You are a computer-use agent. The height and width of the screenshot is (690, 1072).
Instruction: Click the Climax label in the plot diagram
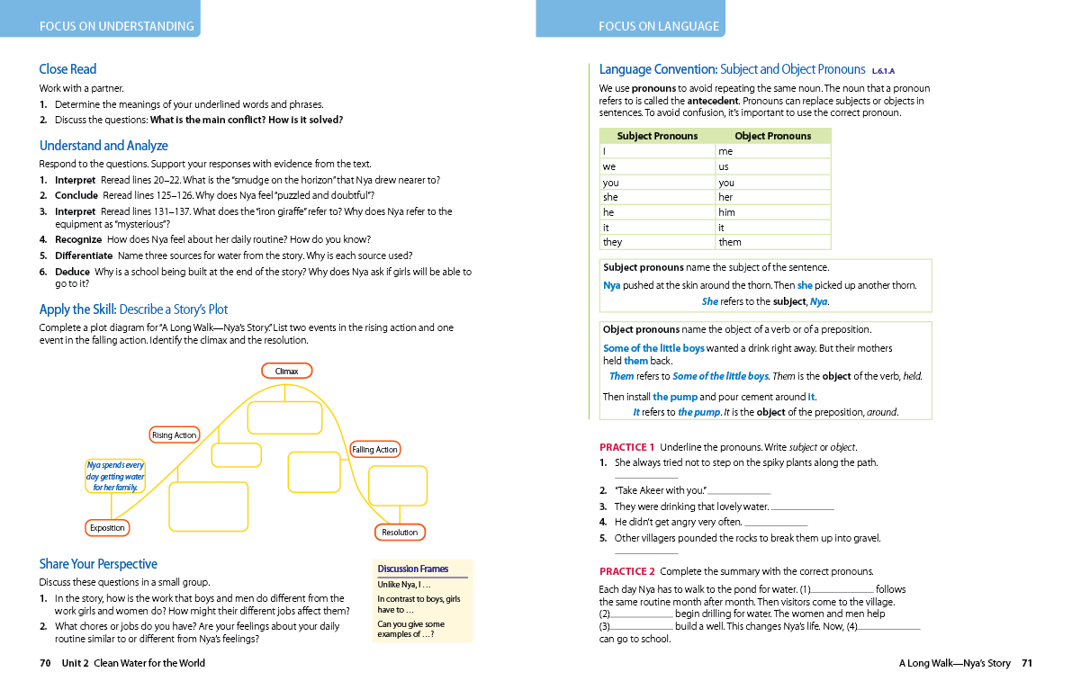287,371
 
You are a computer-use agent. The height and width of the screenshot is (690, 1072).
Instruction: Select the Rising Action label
175,435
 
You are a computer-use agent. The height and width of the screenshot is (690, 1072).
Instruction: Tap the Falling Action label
374,449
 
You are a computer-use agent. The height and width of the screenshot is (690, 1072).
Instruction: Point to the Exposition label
107,528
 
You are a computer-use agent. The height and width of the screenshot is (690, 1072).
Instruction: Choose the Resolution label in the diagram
400,532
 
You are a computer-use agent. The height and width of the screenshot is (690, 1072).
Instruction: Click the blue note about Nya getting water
115,476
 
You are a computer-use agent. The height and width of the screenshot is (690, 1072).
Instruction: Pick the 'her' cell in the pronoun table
725,197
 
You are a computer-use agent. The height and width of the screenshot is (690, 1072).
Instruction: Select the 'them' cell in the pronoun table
730,242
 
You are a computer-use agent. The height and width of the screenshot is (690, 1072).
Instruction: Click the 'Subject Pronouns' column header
657,136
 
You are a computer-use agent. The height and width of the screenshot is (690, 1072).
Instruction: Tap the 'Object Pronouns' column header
772,136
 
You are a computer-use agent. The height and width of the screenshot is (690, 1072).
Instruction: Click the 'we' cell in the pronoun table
609,166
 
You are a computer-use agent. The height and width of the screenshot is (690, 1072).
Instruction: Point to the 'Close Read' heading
68,69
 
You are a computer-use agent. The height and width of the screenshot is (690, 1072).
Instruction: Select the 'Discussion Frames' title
412,569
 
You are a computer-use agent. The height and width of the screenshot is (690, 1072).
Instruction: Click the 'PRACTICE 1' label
626,447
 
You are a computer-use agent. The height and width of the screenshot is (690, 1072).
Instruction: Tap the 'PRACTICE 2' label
626,571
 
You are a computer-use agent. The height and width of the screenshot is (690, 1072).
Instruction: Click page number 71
1027,664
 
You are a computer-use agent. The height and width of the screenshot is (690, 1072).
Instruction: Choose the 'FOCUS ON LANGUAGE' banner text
659,26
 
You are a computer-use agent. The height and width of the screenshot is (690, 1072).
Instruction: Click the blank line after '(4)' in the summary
889,627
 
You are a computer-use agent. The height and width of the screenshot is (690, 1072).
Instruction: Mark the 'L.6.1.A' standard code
883,70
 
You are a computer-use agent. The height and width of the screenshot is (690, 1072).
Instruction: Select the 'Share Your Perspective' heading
98,564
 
